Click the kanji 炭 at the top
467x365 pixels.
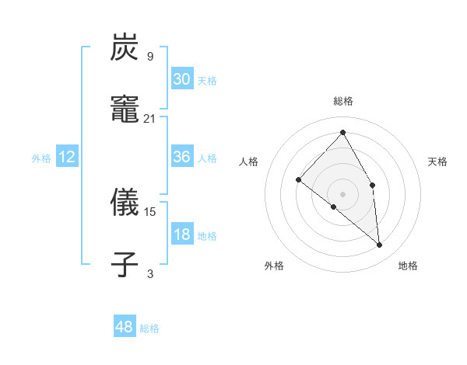(x=125, y=48)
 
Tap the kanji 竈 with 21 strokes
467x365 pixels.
(x=125, y=110)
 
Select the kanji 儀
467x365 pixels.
(x=125, y=203)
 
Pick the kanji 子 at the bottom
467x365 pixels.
(x=125, y=264)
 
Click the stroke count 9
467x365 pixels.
(x=149, y=56)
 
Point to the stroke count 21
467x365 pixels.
(x=150, y=118)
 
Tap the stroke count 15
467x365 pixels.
(x=150, y=210)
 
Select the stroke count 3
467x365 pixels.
(x=149, y=273)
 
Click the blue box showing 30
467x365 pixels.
(x=181, y=79)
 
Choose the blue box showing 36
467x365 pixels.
(x=181, y=157)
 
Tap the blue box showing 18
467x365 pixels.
(x=181, y=235)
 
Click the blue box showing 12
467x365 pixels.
(x=67, y=157)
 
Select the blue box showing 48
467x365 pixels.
(x=125, y=327)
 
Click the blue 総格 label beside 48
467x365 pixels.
(x=149, y=328)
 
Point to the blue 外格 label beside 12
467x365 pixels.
(x=41, y=158)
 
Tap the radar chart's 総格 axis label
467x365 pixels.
(x=343, y=101)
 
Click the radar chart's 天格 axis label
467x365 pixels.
(x=437, y=162)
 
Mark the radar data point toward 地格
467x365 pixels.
(x=380, y=245)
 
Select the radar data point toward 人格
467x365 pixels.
(x=298, y=179)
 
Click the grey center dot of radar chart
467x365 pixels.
(x=343, y=193)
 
